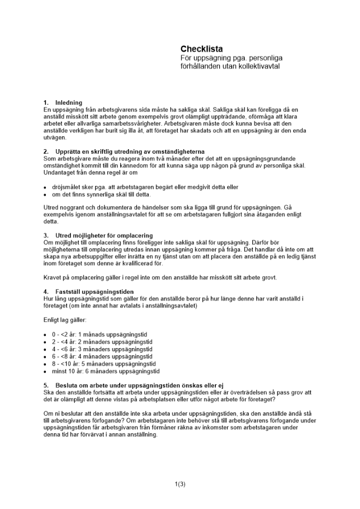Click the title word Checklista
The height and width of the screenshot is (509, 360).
click(201, 49)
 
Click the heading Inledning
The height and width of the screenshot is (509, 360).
click(69, 103)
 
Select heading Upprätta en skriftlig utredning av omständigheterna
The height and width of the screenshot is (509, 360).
click(130, 152)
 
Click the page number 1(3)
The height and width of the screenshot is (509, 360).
click(180, 484)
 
